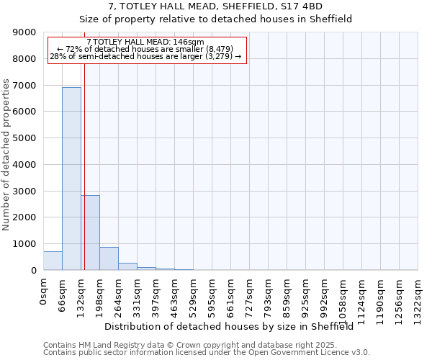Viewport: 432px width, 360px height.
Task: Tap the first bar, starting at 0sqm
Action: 53,261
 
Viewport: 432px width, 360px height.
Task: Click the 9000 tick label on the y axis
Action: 24,32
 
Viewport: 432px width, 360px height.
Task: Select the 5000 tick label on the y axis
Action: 24,138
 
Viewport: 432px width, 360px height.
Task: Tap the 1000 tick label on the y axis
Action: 24,244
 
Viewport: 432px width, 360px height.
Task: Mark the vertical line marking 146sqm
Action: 84,166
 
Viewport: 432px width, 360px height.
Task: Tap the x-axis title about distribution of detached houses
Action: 234,326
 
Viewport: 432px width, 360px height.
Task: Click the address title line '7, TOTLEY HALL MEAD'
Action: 215,6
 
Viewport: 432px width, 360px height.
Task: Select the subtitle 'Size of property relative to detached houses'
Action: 215,19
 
